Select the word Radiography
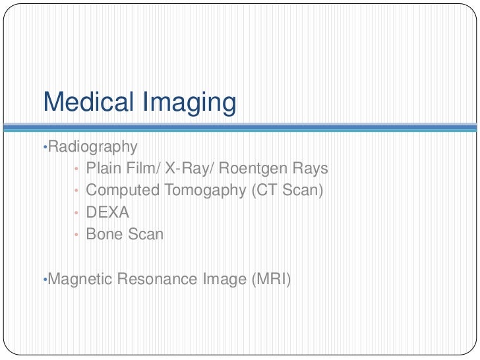pyautogui.click(x=93, y=146)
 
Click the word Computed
pyautogui.click(x=123, y=191)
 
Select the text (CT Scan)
pyautogui.click(x=288, y=191)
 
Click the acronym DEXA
pyautogui.click(x=107, y=212)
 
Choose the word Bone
pyautogui.click(x=104, y=234)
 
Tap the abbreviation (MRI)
pyautogui.click(x=270, y=279)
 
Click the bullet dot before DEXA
pyautogui.click(x=76, y=213)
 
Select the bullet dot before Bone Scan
pyautogui.click(x=76, y=235)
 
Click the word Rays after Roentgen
pyautogui.click(x=311, y=169)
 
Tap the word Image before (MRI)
pyautogui.click(x=224, y=280)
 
